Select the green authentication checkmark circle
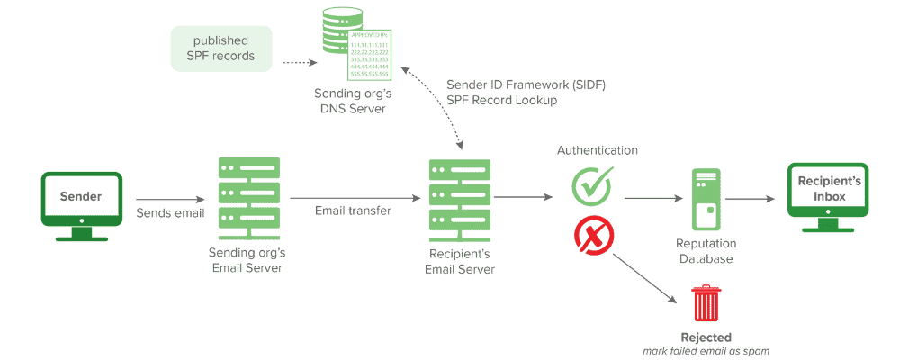pos(592,184)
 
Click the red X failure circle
pos(593,236)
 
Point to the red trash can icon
pos(706,305)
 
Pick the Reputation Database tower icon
pos(706,200)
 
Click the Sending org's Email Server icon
pos(248,196)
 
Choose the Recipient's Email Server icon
pos(459,196)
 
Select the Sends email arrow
pos(170,200)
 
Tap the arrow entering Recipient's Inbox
pos(752,199)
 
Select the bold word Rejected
pos(706,337)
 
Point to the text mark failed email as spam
pos(706,351)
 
